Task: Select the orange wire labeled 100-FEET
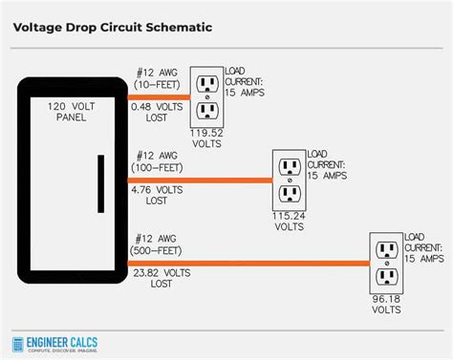point(201,179)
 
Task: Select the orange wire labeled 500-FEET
point(248,263)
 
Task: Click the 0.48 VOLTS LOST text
point(156,113)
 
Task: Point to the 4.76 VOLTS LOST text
point(156,196)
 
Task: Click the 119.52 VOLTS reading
point(206,138)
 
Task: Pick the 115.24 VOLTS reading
point(289,221)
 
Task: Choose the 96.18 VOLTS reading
point(386,304)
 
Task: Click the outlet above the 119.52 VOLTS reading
point(206,96)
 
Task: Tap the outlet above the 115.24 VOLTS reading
point(289,179)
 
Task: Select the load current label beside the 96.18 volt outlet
point(424,247)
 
